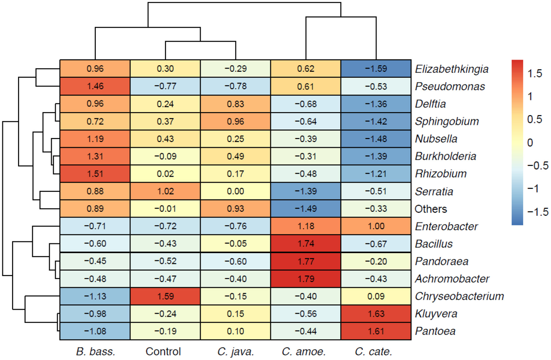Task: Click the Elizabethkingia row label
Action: click(x=451, y=69)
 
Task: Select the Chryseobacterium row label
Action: click(x=459, y=296)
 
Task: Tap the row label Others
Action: click(x=431, y=209)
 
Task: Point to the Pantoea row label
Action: click(x=435, y=331)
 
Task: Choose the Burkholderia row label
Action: click(x=446, y=156)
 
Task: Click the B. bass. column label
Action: click(x=95, y=352)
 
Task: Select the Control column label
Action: click(x=163, y=352)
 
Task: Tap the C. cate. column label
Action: click(x=373, y=352)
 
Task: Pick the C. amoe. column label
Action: click(x=304, y=352)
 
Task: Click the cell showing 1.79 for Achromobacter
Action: click(x=306, y=279)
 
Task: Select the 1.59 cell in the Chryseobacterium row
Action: click(x=165, y=296)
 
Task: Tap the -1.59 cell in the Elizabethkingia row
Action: click(x=376, y=69)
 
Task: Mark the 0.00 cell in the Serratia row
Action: click(x=235, y=191)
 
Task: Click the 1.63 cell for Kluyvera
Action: click(x=376, y=314)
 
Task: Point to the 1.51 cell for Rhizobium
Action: click(x=95, y=174)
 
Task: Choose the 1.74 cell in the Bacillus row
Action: click(x=306, y=244)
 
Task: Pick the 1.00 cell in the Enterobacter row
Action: click(x=376, y=226)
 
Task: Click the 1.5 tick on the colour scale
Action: click(x=535, y=73)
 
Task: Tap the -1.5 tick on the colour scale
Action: click(x=538, y=212)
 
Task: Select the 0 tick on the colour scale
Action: click(x=530, y=143)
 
